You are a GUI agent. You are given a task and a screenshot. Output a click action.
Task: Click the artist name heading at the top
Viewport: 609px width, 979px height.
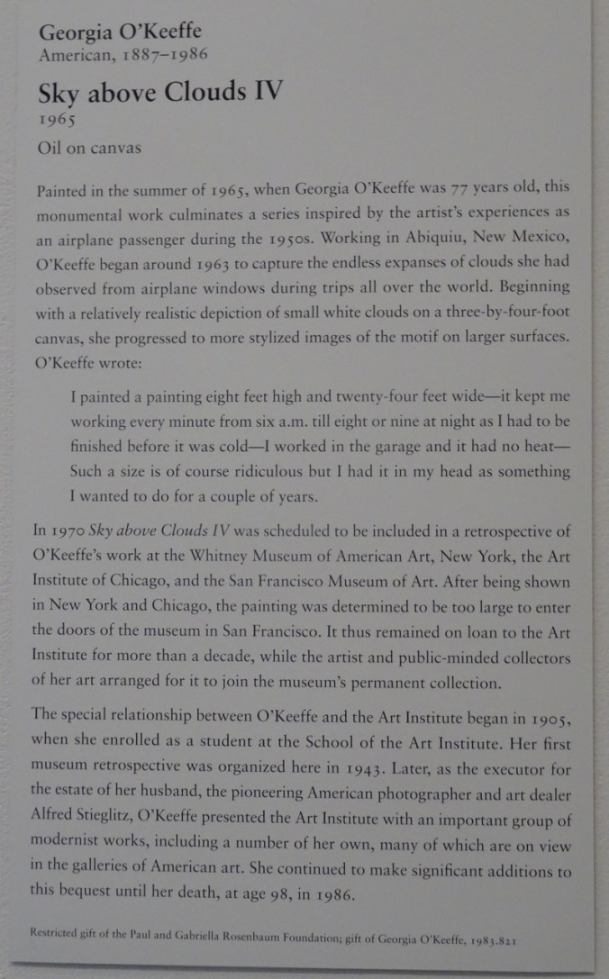pyautogui.click(x=120, y=33)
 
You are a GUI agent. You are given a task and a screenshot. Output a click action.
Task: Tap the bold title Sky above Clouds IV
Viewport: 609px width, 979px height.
pyautogui.click(x=161, y=93)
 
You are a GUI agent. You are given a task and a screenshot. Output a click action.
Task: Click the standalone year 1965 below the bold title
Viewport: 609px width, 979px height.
pyautogui.click(x=56, y=119)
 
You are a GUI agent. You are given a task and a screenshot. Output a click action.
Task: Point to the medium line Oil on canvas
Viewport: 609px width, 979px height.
pyautogui.click(x=89, y=148)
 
